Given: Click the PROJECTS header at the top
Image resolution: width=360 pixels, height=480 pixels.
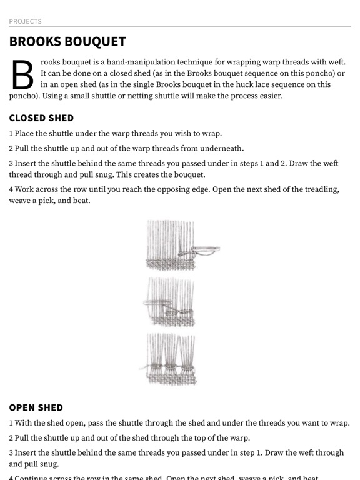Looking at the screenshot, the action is (25, 21).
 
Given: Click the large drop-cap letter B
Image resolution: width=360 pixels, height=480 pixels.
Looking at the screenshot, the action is (22, 75).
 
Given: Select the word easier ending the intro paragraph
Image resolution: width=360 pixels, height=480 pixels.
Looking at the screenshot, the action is (269, 96).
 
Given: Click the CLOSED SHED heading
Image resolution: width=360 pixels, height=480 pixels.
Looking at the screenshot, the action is (41, 117).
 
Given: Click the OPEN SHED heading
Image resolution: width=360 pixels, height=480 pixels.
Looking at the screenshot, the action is (36, 407).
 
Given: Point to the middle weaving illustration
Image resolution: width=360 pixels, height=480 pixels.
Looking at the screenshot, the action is (170, 302).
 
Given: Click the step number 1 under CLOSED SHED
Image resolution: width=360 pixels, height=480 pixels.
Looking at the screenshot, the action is (11, 133).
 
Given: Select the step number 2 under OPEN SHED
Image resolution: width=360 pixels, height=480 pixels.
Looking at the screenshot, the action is (11, 437).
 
